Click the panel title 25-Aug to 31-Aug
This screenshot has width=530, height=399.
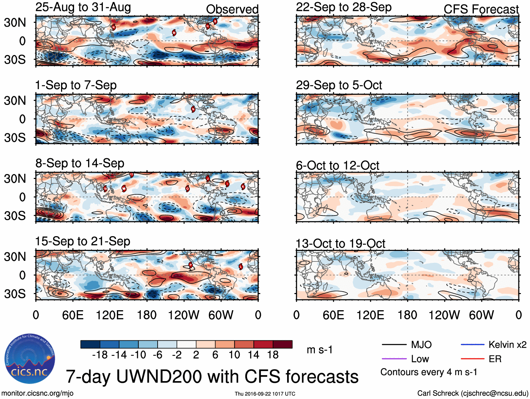[x=83, y=7]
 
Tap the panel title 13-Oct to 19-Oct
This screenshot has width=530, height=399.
[x=340, y=243]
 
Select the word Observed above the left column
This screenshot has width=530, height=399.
[x=232, y=9]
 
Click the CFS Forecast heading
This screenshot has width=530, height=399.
[x=481, y=9]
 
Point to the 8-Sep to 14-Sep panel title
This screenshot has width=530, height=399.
[x=80, y=163]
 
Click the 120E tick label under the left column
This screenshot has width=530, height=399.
[x=110, y=315]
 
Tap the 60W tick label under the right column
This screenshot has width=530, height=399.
[x=481, y=315]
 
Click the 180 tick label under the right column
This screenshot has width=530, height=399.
[x=407, y=315]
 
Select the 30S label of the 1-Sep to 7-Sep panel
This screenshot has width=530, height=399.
[x=15, y=138]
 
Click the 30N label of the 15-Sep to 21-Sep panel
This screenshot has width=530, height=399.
[x=15, y=257]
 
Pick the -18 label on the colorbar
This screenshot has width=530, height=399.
[x=100, y=355]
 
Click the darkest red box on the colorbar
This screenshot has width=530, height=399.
[x=283, y=344]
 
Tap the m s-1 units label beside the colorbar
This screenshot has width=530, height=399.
[x=319, y=350]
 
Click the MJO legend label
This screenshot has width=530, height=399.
[x=421, y=345]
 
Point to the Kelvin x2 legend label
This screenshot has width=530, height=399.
[x=507, y=345]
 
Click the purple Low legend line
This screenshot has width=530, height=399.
[x=394, y=359]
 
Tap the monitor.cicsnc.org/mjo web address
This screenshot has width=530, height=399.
[x=37, y=393]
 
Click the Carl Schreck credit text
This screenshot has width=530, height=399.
[x=472, y=393]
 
